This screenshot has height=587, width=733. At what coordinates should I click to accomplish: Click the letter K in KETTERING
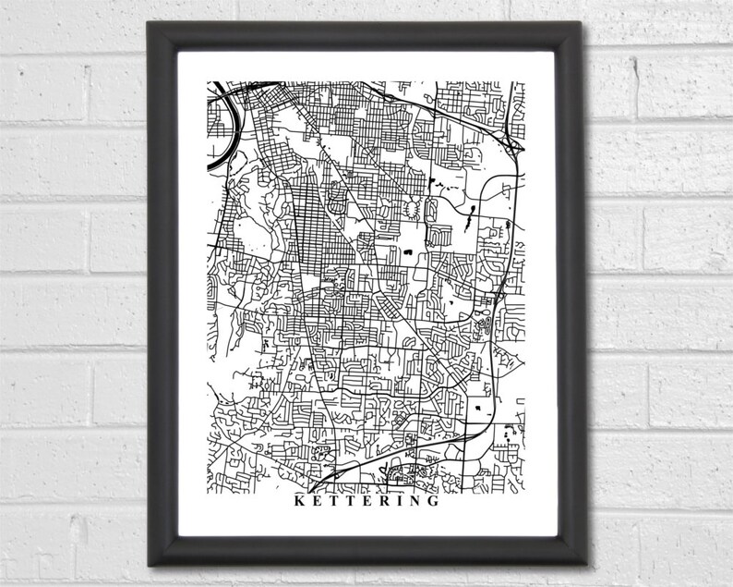click(296, 504)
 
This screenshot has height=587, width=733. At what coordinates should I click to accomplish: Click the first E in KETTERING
click(316, 504)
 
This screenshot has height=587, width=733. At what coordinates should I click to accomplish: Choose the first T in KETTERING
click(333, 504)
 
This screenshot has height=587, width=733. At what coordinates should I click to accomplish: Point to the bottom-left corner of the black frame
click(149, 566)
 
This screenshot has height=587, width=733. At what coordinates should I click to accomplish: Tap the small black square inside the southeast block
click(478, 408)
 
